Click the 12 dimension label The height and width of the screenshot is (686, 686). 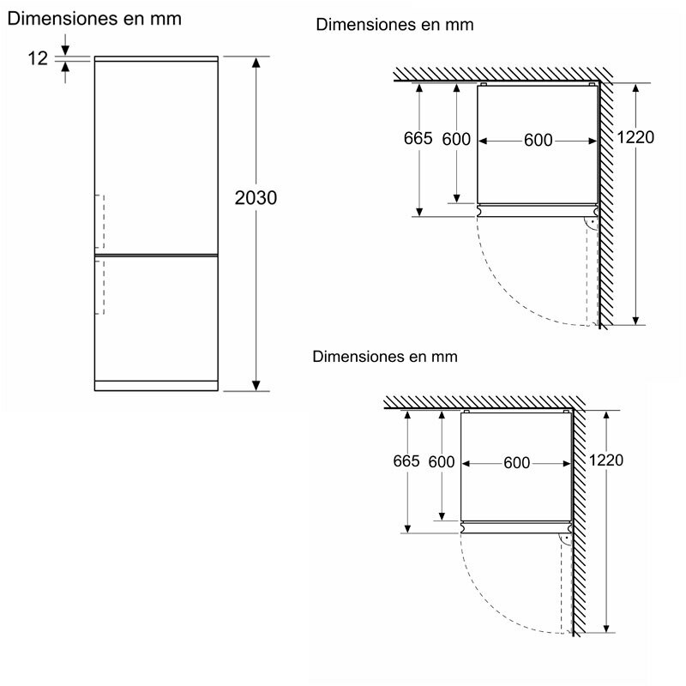pyautogui.click(x=38, y=57)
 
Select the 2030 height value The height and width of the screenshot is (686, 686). pyautogui.click(x=256, y=198)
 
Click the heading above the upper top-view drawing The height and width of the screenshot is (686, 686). pyautogui.click(x=394, y=25)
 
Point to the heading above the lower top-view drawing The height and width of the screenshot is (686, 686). pyautogui.click(x=386, y=356)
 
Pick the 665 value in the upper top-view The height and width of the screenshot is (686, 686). pyautogui.click(x=418, y=139)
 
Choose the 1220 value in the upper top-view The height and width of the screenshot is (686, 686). pyautogui.click(x=634, y=138)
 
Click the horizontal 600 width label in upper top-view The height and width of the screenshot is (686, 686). pyautogui.click(x=538, y=140)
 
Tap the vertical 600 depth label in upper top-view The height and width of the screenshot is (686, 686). pyautogui.click(x=456, y=139)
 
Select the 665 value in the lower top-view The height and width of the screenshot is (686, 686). pyautogui.click(x=406, y=461)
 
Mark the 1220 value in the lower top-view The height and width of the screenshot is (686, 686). pyautogui.click(x=605, y=460)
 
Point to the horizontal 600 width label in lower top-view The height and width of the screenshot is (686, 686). pyautogui.click(x=516, y=463)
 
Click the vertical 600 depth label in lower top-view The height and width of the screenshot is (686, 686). pyautogui.click(x=441, y=462)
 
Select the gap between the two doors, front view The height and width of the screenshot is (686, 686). pyautogui.click(x=156, y=254)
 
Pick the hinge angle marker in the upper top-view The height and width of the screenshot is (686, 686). pyautogui.click(x=590, y=223)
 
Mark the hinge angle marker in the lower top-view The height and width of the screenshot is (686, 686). pyautogui.click(x=565, y=539)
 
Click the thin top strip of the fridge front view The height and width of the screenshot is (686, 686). pyautogui.click(x=156, y=59)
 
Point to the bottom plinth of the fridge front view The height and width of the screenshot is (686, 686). pyautogui.click(x=156, y=385)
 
